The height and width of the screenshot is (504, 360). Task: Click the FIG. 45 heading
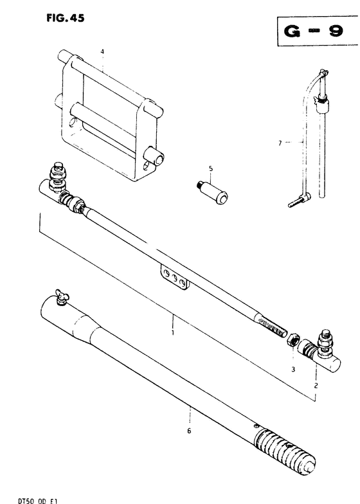[66, 18]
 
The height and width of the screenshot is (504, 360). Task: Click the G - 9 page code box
[318, 31]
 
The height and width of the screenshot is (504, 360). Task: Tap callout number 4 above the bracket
[102, 51]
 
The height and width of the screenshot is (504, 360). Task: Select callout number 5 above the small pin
[211, 168]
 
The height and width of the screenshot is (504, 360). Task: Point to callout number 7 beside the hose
[280, 143]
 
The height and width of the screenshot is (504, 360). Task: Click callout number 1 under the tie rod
[172, 332]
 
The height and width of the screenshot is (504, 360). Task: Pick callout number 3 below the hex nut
[293, 370]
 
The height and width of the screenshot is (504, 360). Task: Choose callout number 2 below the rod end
[316, 386]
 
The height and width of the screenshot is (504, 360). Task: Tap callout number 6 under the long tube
[189, 431]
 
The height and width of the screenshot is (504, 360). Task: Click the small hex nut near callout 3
[293, 340]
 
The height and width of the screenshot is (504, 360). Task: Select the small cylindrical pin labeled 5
[212, 193]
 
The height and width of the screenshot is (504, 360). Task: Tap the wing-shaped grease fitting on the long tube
[62, 297]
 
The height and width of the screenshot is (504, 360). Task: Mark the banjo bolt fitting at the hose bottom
[300, 199]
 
